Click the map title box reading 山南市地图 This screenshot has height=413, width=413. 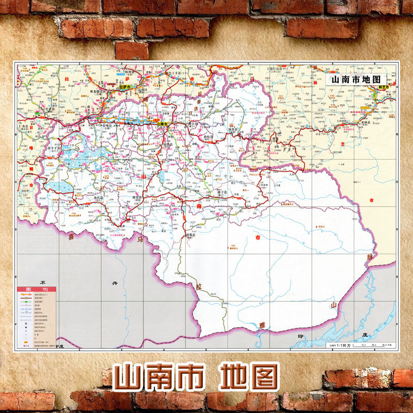click(356, 80)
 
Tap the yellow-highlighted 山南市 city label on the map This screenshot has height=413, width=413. click(162, 124)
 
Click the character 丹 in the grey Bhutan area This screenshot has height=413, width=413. click(115, 283)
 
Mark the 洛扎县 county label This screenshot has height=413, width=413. click(99, 197)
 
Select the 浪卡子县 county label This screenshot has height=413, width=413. click(54, 148)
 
